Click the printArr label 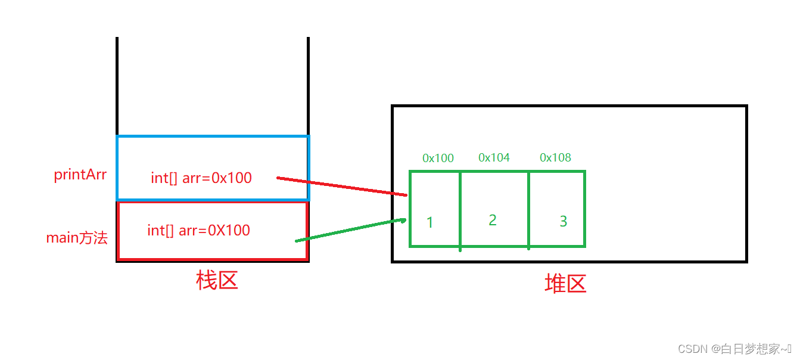pos(80,176)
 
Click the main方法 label pos(77,238)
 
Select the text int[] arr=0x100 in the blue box pos(201,178)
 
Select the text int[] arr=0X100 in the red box pos(199,230)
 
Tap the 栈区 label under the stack pos(217,280)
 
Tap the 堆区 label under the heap pos(565,284)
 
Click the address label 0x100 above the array pos(438,158)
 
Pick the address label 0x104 pos(494,157)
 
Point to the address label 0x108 pos(555,157)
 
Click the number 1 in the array pos(430,223)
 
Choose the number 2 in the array pos(493,220)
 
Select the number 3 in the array pos(564,221)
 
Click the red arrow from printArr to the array pos(343,186)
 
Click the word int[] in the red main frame pos(161,230)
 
